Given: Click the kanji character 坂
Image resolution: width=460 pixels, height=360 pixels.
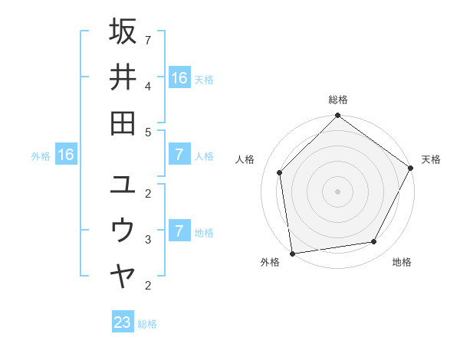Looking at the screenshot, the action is [123, 32].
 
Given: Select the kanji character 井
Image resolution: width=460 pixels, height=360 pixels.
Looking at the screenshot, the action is [123, 77].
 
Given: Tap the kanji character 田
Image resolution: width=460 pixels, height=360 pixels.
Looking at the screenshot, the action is [123, 123].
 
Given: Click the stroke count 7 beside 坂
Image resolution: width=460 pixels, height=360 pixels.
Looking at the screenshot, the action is [148, 39].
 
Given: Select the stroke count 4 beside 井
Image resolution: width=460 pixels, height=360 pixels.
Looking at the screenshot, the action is [148, 86].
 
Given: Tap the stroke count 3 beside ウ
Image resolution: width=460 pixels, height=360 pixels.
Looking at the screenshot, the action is [148, 240].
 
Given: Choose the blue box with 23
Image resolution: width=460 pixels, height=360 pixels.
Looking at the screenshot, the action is [123, 322].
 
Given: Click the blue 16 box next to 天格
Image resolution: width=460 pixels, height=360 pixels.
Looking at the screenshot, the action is [179, 78].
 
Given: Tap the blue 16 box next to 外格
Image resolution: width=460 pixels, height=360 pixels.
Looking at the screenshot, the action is [66, 155].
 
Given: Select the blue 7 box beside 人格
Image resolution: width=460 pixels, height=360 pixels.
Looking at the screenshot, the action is [179, 155].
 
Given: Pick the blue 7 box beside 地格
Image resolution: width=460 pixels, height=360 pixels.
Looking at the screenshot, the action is [179, 231].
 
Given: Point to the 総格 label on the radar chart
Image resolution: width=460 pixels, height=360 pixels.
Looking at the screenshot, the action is [337, 100].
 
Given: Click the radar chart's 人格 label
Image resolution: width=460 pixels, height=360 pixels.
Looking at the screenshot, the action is [245, 159].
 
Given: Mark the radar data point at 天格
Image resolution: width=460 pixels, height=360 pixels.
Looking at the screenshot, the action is [410, 168].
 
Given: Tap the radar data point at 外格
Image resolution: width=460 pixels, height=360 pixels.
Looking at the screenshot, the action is [292, 253].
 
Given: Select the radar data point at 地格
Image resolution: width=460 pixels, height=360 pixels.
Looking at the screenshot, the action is [374, 242].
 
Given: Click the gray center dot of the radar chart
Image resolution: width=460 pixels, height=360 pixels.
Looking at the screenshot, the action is [337, 191].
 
